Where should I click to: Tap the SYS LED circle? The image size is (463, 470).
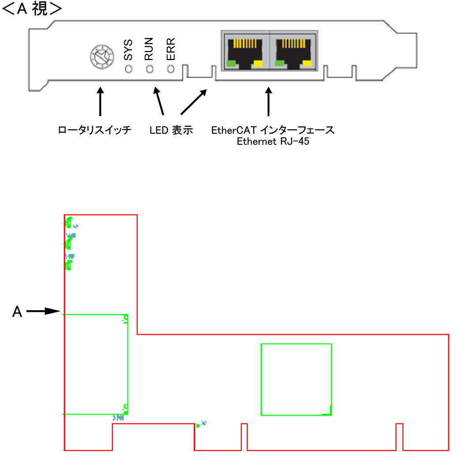coord(128,69)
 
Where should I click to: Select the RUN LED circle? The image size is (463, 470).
coord(150,69)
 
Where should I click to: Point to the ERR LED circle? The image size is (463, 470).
coord(171,69)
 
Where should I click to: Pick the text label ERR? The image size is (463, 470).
coord(171,49)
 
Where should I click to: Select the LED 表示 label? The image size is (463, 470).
coord(171,131)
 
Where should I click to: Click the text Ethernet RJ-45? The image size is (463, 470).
coord(273,142)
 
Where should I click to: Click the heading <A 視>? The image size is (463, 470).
coord(32,9)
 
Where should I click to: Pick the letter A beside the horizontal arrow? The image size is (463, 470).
coord(17,312)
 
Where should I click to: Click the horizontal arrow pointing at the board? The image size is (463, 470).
coord(43,311)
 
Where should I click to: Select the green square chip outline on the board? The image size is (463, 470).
coord(296,379)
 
